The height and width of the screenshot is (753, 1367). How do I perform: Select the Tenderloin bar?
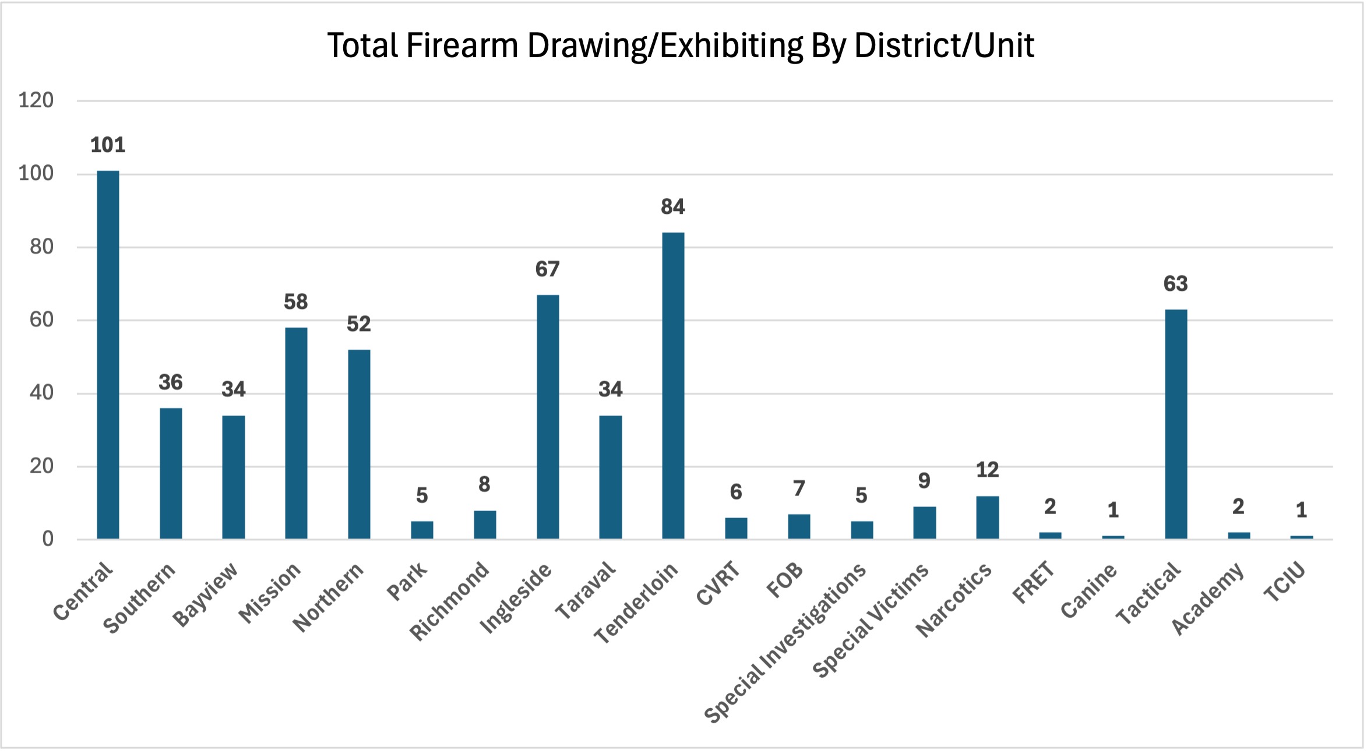[x=673, y=385]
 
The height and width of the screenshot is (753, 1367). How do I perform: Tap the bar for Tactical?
[x=1175, y=424]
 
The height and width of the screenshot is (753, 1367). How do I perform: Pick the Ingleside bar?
[x=547, y=417]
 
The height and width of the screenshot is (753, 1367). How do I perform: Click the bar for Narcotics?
[x=987, y=517]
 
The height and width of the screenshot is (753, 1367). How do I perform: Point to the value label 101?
[x=108, y=145]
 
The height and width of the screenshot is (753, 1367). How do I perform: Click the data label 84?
[x=673, y=207]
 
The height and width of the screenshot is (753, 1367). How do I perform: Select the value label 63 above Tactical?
[x=1175, y=284]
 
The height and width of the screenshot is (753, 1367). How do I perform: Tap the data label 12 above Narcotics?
[x=987, y=470]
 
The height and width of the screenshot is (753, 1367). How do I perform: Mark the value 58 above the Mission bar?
[x=296, y=302]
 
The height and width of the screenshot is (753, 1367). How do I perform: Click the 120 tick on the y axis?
[x=36, y=100]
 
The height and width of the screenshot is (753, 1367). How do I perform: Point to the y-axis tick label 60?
[x=41, y=319]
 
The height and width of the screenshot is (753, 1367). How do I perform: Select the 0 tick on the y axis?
[x=47, y=539]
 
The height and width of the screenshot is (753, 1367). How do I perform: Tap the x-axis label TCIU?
[x=1284, y=582]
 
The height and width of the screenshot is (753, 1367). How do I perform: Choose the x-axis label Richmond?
[x=449, y=600]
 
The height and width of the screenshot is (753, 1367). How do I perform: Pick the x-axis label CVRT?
[x=718, y=583]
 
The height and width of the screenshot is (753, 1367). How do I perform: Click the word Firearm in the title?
[x=462, y=45]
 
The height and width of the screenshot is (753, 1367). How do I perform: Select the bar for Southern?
[x=171, y=473]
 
